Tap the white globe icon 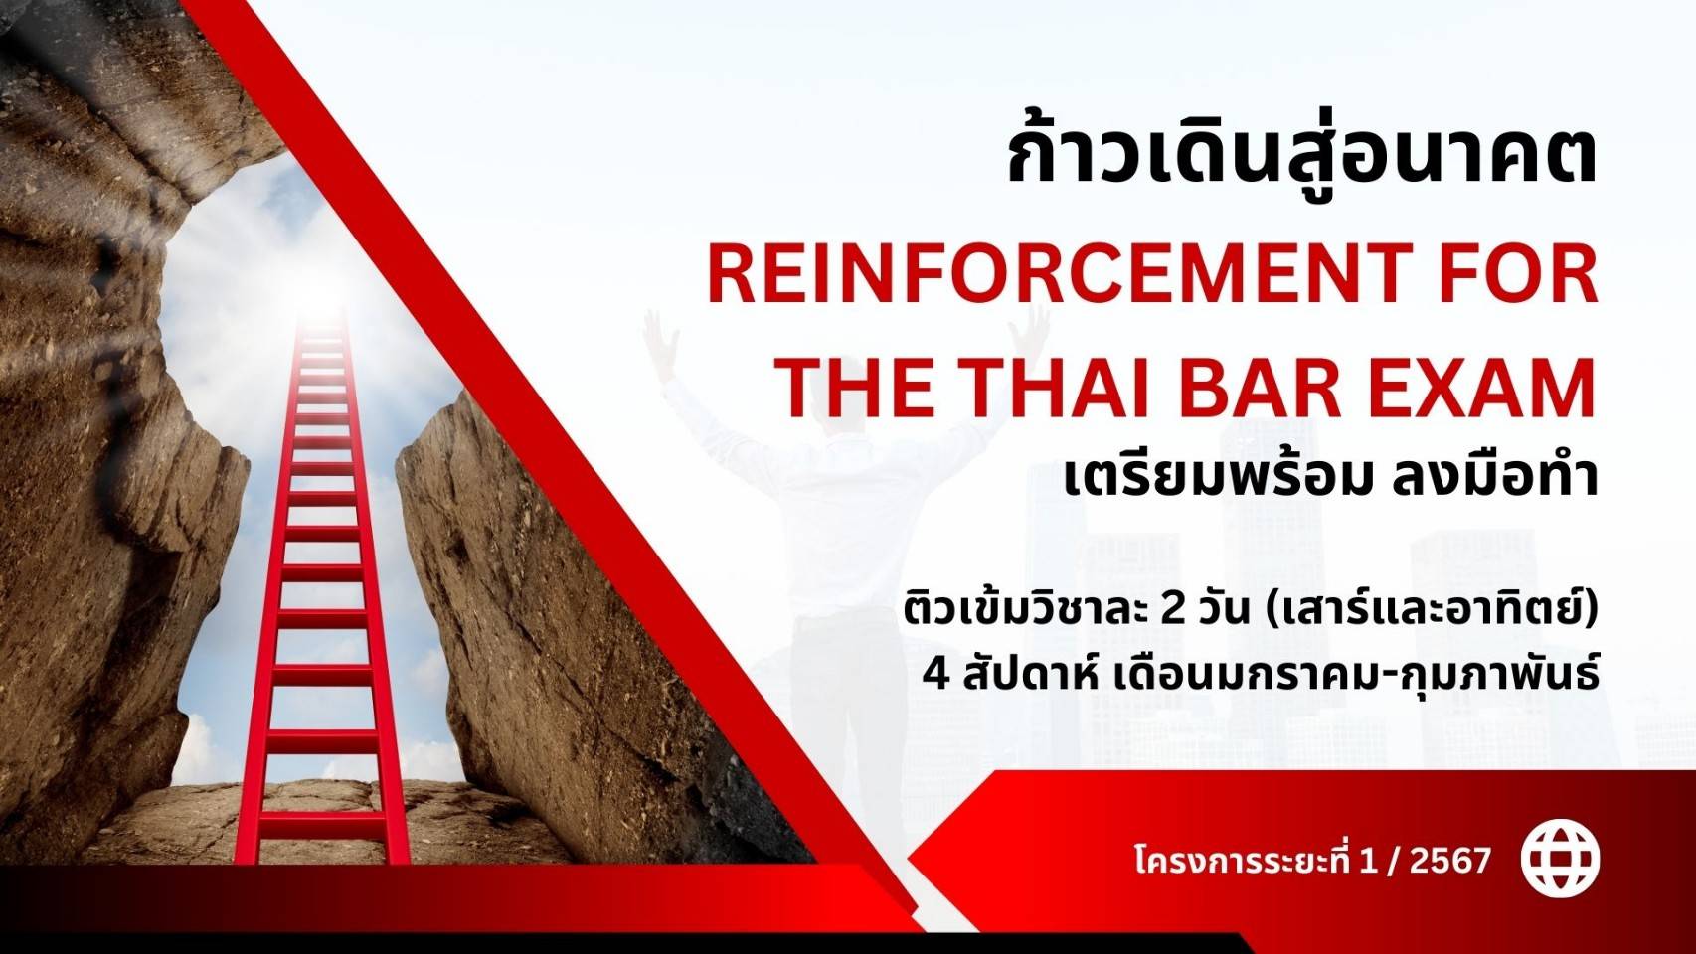(x=1561, y=861)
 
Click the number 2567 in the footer (x=1449, y=861)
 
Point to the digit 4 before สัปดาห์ (x=936, y=675)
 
